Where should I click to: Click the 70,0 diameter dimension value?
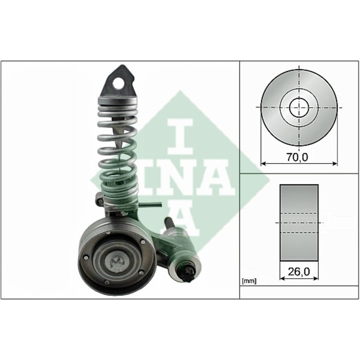[297, 157]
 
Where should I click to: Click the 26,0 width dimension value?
[299, 272]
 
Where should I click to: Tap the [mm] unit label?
[249, 281]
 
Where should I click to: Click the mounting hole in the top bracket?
[118, 83]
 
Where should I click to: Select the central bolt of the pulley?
[117, 263]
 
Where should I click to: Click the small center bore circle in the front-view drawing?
[299, 107]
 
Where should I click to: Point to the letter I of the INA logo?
[181, 137]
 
